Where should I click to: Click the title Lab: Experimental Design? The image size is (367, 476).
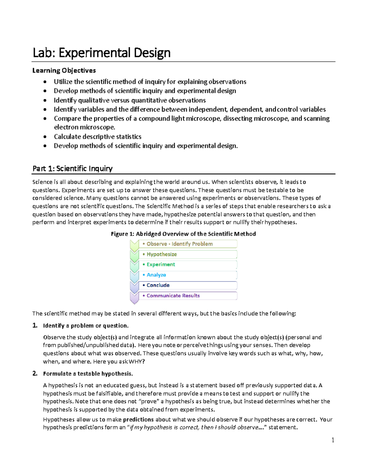coord(102,53)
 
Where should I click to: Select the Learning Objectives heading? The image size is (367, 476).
coord(64,70)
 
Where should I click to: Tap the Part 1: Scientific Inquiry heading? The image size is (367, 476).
coord(72,168)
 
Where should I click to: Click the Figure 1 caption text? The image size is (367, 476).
coord(183,234)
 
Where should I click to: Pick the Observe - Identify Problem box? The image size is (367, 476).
coord(188,244)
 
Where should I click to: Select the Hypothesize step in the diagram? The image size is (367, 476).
coord(188,254)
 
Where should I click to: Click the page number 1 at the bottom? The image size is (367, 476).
coord(333,440)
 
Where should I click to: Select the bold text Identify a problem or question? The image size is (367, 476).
coord(86,326)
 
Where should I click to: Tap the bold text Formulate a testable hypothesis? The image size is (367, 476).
coord(88,374)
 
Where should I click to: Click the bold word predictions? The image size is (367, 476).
coord(138,419)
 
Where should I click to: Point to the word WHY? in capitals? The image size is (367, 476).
coord(137,361)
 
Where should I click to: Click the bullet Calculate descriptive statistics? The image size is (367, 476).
coord(98,137)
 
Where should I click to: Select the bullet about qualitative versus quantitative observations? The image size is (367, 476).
coord(130,100)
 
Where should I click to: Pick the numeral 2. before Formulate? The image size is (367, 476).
coord(35,373)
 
